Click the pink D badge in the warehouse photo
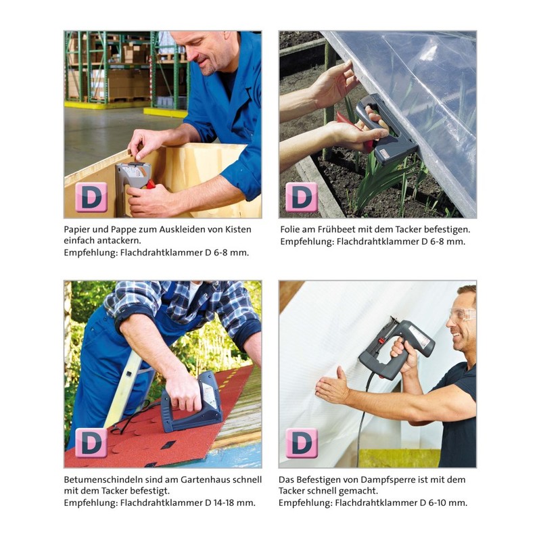tap(91, 197)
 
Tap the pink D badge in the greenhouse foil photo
tap(302, 197)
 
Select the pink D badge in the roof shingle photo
tap(91, 443)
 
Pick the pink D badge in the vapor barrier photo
tap(302, 443)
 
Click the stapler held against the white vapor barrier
tap(396, 348)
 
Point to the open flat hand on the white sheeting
tap(332, 386)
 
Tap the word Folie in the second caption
tap(289, 229)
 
